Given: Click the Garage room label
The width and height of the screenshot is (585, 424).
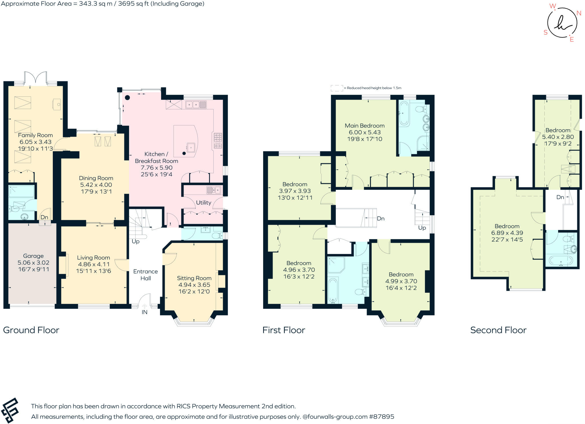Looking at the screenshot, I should click(33, 256).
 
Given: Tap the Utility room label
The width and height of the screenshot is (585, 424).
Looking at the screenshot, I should click(203, 203).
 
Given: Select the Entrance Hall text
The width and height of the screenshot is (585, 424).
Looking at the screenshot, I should click(145, 275).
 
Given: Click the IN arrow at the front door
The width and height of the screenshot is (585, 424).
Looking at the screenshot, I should click(145, 306).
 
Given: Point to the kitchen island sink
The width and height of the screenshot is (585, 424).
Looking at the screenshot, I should click(191, 147).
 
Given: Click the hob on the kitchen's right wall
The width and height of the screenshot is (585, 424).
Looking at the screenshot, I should click(218, 141).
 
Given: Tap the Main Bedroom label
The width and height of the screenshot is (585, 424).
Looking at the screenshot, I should click(364, 126).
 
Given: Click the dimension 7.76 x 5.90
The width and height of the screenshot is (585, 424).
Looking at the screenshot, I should click(156, 168).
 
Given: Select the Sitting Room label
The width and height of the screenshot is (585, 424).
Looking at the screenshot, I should click(194, 278).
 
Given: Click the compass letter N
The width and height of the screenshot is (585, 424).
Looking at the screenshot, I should click(579, 13).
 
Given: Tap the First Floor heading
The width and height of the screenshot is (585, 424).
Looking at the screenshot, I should click(284, 330).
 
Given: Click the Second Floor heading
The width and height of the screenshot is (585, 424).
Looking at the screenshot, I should click(498, 330).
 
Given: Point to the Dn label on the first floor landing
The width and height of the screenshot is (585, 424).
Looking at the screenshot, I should click(380, 219).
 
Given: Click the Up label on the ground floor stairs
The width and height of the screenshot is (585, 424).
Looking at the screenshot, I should click(135, 241).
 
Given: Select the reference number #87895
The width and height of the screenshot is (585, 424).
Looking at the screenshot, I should click(382, 417).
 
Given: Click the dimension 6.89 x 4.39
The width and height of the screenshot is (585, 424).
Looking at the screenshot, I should click(507, 233).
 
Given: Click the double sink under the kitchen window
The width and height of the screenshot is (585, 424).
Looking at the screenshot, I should click(196, 105).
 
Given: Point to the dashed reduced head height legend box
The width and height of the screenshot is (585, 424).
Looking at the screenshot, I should click(337, 88).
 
